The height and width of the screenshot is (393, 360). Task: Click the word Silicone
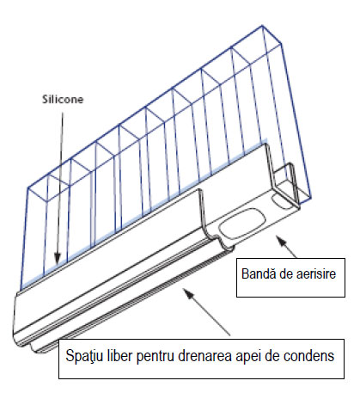click(63, 99)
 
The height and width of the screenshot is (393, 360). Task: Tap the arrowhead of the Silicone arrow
click(58, 258)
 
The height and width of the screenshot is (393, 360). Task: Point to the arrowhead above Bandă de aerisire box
click(280, 240)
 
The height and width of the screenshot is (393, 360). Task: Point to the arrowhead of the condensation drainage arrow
click(187, 293)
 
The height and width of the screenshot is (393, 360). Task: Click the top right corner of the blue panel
click(262, 26)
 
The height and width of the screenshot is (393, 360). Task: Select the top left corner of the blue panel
click(28, 188)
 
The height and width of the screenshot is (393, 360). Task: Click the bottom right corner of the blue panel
click(311, 198)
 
